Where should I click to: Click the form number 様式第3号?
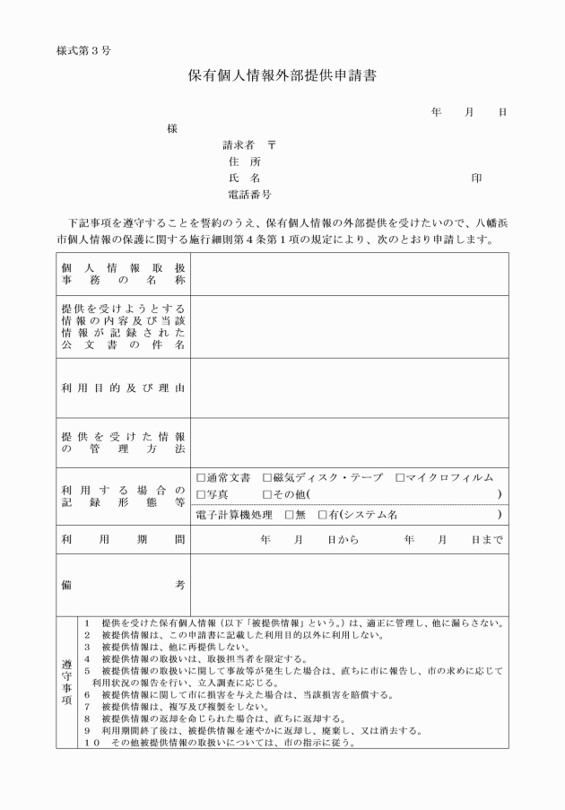click(83, 48)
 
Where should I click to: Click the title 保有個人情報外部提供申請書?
click(282, 76)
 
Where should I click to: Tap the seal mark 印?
click(476, 178)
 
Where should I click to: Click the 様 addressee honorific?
click(172, 128)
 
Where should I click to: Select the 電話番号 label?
click(250, 194)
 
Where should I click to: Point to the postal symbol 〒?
click(272, 144)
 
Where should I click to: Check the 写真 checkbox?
click(201, 494)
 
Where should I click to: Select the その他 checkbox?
click(267, 494)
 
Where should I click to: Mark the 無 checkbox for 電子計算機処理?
click(289, 515)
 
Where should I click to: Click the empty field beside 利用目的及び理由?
click(349, 388)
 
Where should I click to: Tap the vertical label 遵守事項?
click(67, 682)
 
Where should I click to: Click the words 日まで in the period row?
click(487, 540)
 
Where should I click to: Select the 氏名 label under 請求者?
click(244, 178)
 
